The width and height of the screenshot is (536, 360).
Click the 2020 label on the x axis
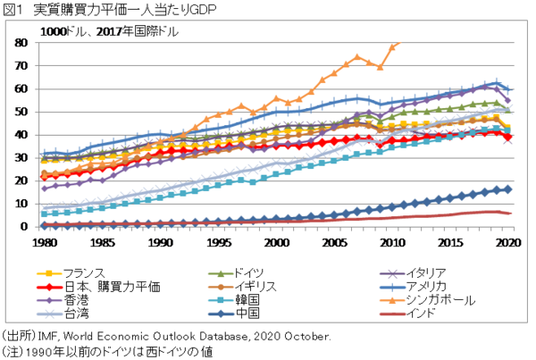(x=507, y=242)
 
